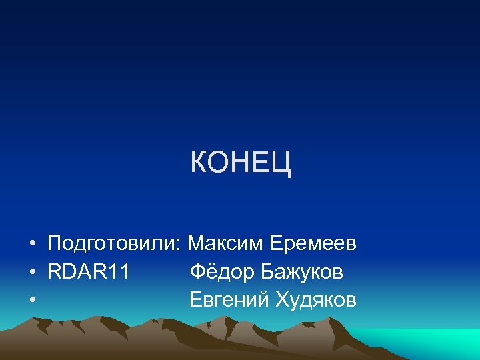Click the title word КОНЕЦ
[241, 163]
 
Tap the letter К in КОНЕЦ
[198, 163]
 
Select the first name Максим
[225, 244]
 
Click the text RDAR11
[89, 272]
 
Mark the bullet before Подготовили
[32, 245]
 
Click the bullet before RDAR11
[32, 273]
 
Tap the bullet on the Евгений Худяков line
[32, 301]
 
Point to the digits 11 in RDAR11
[120, 272]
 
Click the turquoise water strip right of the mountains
[440, 343]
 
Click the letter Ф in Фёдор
[197, 272]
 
